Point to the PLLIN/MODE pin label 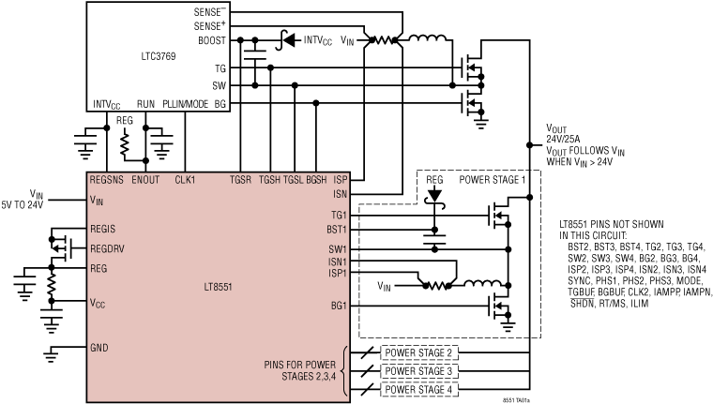185,103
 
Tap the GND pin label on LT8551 99,348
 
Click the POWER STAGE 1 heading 493,180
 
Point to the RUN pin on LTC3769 145,103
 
